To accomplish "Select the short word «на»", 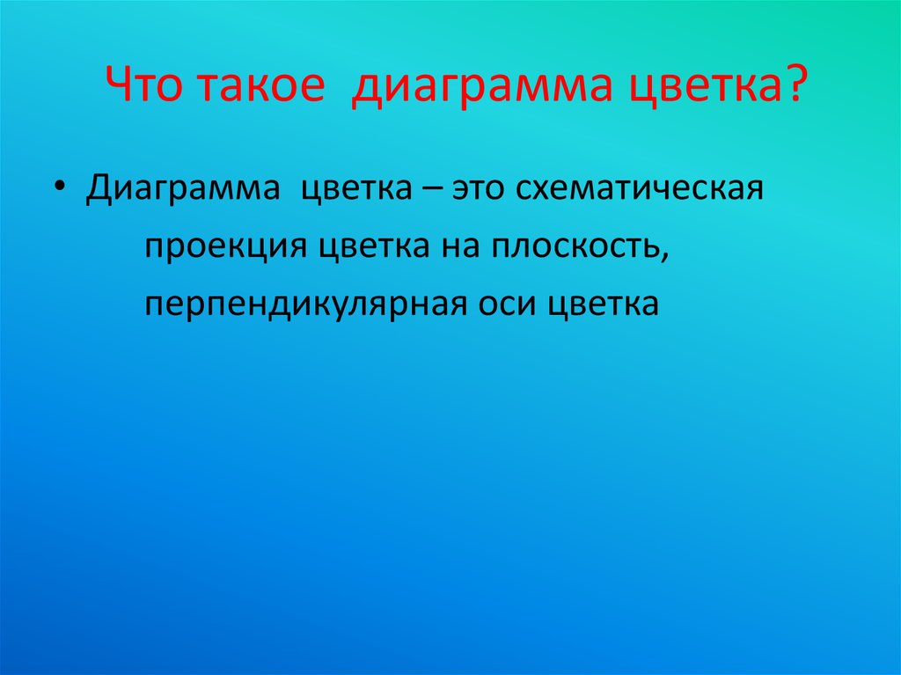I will pyautogui.click(x=455, y=247).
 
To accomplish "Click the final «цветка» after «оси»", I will pyautogui.click(x=604, y=304).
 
